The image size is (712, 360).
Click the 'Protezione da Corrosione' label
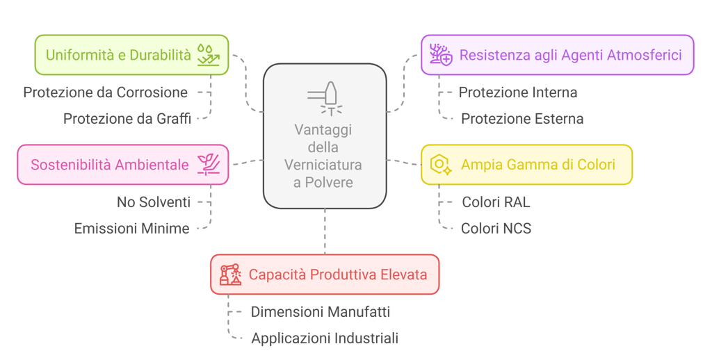pyautogui.click(x=105, y=92)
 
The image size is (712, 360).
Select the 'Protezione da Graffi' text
pyautogui.click(x=127, y=119)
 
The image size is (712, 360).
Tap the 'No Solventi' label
pyautogui.click(x=154, y=202)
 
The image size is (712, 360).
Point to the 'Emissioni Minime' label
pyautogui.click(x=131, y=229)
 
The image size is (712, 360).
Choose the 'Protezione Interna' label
pyautogui.click(x=518, y=92)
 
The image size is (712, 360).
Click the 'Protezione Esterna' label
pyautogui.click(x=522, y=119)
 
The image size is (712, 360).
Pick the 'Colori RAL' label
pyautogui.click(x=496, y=202)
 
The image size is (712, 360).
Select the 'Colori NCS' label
pyautogui.click(x=496, y=228)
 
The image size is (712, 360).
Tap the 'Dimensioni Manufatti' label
pyautogui.click(x=321, y=312)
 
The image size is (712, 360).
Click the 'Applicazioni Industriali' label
pyautogui.click(x=325, y=338)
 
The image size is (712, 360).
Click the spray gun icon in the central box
pyautogui.click(x=325, y=98)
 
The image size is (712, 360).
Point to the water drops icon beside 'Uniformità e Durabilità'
pyautogui.click(x=209, y=55)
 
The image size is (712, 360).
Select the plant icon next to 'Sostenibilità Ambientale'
pyautogui.click(x=209, y=164)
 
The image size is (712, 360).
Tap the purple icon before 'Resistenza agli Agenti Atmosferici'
pyautogui.click(x=441, y=55)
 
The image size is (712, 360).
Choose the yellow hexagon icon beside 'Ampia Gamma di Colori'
pyautogui.click(x=441, y=165)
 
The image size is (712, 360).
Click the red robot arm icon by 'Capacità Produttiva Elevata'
pyautogui.click(x=230, y=275)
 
